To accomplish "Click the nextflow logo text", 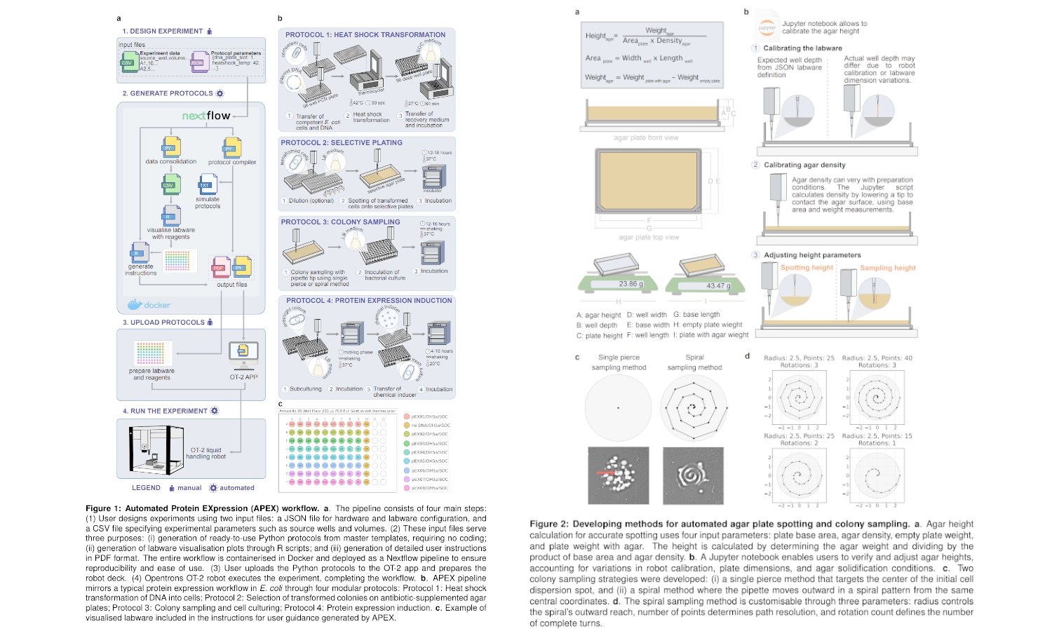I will (206, 116).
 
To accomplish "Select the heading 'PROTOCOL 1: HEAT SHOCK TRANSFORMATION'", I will (365, 34).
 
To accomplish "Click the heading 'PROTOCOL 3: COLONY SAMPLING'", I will (340, 222).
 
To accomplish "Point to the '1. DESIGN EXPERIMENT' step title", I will (163, 31).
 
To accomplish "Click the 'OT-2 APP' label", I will (243, 377).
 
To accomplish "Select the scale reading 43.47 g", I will (718, 285).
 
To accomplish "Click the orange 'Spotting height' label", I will (807, 268).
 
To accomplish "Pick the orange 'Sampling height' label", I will (888, 268).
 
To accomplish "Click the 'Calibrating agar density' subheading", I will (804, 165).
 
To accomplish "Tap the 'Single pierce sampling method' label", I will (619, 362).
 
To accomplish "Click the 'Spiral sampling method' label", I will (694, 362).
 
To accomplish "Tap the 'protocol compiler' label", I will (232, 162).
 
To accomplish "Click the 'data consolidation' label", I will (171, 161).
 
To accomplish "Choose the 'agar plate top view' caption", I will (649, 237).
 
